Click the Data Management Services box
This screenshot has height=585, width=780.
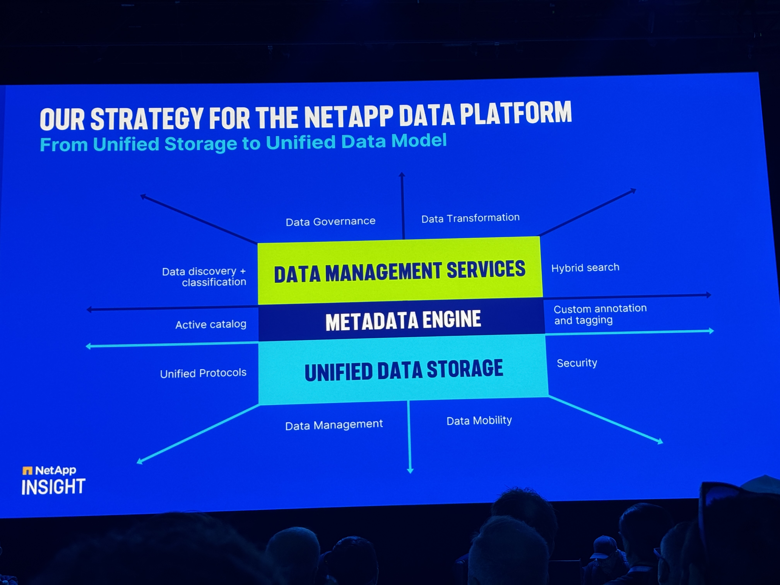click(399, 271)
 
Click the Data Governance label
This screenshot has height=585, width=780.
click(330, 222)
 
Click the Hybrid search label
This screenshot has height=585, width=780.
click(585, 268)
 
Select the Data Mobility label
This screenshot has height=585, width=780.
click(479, 420)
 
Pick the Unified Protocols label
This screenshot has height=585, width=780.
click(203, 373)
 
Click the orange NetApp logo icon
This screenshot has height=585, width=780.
click(27, 470)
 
